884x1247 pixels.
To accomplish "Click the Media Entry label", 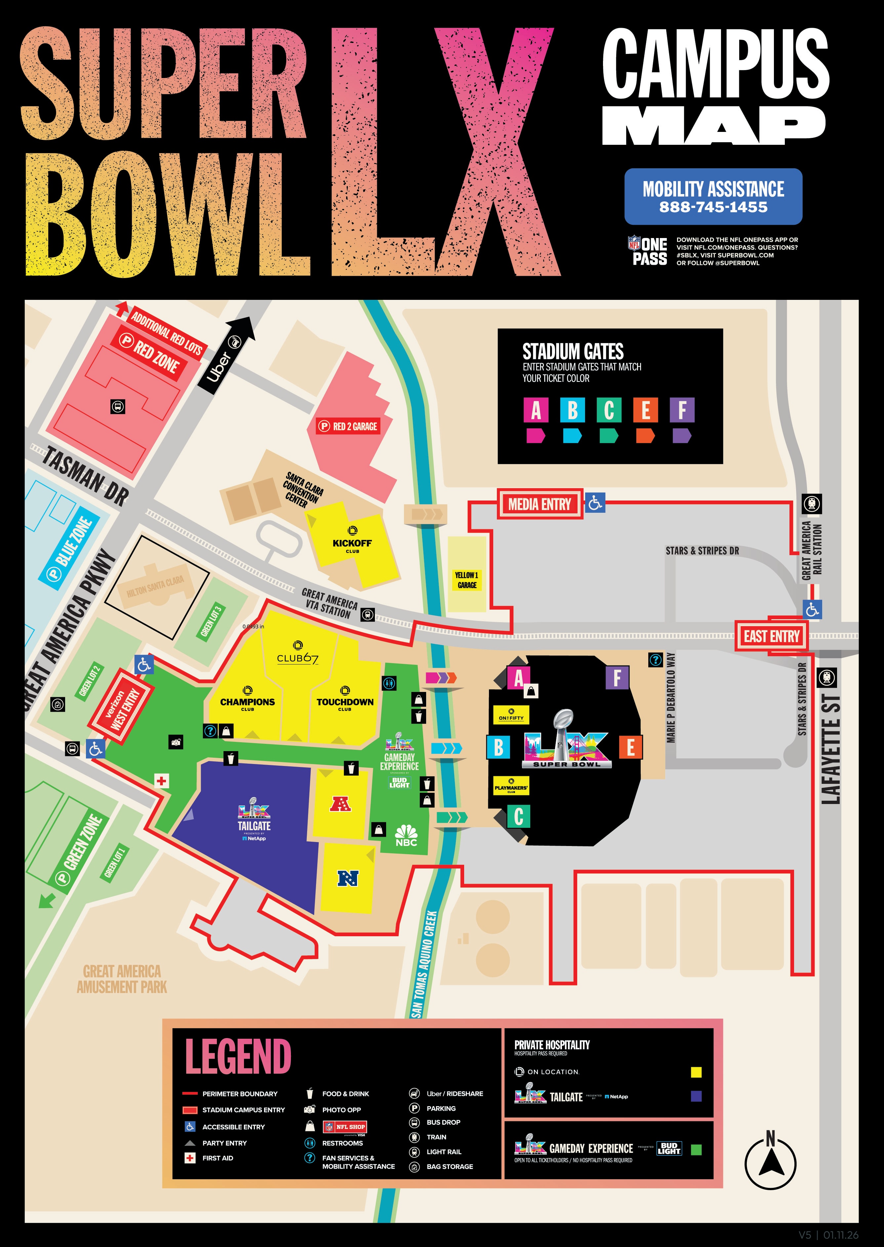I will click(540, 504).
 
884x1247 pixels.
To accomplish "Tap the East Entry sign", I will click(771, 636).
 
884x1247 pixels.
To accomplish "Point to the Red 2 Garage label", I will click(348, 426).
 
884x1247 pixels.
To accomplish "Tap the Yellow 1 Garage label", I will click(466, 580).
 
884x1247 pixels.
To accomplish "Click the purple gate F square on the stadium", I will click(617, 678).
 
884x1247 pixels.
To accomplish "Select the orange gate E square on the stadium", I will click(630, 747).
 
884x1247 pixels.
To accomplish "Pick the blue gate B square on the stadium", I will click(499, 747).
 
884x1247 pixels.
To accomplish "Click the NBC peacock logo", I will click(406, 835).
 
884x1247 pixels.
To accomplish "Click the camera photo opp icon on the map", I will click(176, 742).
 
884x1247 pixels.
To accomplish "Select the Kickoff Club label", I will click(352, 543).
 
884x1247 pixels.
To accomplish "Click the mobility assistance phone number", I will click(713, 207).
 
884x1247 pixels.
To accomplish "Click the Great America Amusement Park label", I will click(122, 979).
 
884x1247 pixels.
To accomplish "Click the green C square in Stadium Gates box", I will click(609, 410).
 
